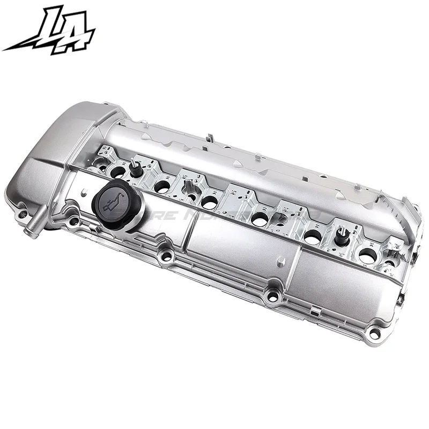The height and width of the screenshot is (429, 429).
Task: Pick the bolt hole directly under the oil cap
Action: pos(166,256)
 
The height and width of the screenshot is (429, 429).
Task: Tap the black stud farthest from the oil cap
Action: pos(340,234)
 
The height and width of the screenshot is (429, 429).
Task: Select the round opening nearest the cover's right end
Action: pos(367,256)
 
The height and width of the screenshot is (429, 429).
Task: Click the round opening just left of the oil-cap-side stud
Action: pos(117,172)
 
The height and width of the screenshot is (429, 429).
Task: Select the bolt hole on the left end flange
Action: pos(22,214)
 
